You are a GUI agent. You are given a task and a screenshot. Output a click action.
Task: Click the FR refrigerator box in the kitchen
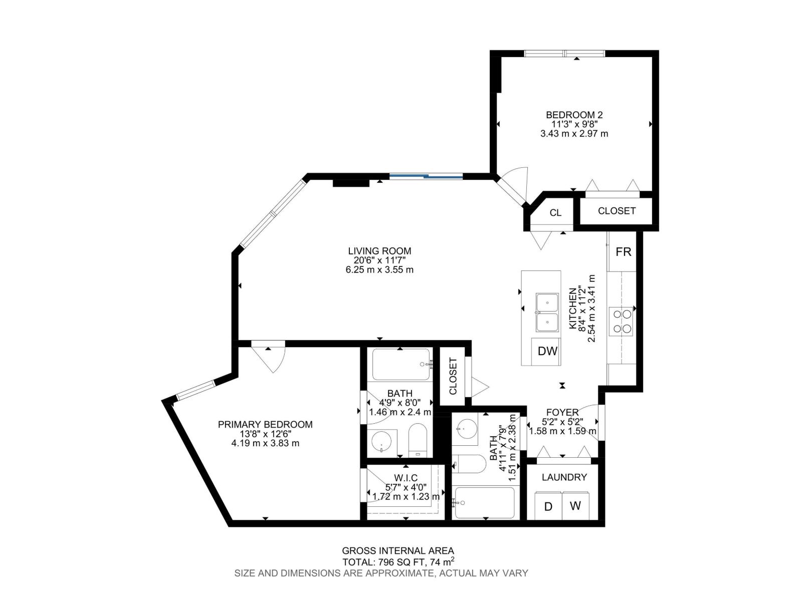(623, 252)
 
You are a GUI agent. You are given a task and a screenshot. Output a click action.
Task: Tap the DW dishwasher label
(547, 351)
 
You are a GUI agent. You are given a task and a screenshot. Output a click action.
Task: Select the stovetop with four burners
(622, 321)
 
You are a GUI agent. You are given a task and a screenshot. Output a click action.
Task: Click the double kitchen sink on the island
(547, 313)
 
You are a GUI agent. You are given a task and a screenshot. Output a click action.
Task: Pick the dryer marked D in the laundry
(548, 506)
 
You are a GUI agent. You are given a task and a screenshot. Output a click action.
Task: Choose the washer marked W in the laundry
(575, 506)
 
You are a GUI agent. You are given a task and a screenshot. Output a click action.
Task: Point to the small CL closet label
(555, 213)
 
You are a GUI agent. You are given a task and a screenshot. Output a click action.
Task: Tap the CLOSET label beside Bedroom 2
(617, 211)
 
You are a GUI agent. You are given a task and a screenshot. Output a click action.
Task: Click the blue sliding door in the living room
(426, 176)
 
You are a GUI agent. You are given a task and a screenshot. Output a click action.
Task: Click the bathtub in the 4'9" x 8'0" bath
(400, 364)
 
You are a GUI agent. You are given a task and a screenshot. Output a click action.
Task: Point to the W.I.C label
(406, 478)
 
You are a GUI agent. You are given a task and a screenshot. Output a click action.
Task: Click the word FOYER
(562, 412)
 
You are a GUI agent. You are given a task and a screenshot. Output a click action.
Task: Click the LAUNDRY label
(564, 477)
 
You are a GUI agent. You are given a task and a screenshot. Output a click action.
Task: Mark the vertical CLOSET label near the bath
(453, 376)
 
